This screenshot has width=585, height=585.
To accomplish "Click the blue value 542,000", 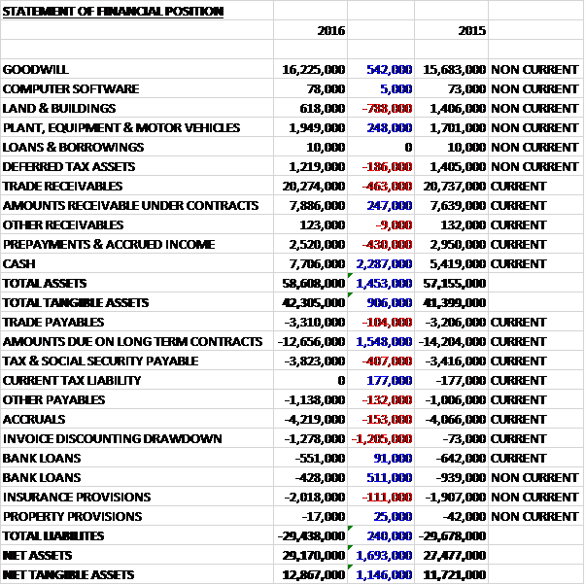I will click(x=388, y=70).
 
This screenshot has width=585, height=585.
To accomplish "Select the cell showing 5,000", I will click(x=398, y=88).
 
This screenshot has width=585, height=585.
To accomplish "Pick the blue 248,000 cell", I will click(x=388, y=127).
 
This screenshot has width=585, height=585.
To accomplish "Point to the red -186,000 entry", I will click(x=387, y=166).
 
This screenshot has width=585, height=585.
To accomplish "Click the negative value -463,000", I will click(x=387, y=186).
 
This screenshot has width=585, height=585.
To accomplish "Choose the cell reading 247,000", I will click(x=388, y=205).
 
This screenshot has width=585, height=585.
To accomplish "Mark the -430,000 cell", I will click(x=387, y=244).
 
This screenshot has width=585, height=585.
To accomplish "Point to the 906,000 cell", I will click(x=388, y=302).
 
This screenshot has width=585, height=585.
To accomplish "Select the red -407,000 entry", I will click(x=387, y=361).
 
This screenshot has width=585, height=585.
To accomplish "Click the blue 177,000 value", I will click(x=388, y=380).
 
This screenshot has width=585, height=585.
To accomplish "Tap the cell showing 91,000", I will click(x=392, y=458).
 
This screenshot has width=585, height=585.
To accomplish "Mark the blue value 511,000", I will click(x=388, y=477).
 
